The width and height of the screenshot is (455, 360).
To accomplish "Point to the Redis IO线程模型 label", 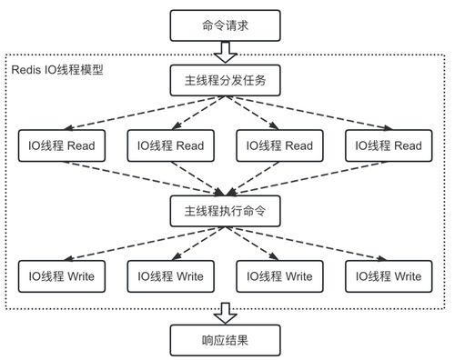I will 57,70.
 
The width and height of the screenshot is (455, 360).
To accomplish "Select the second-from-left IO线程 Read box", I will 169,145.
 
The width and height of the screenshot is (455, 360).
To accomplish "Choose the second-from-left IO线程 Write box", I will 169,275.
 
